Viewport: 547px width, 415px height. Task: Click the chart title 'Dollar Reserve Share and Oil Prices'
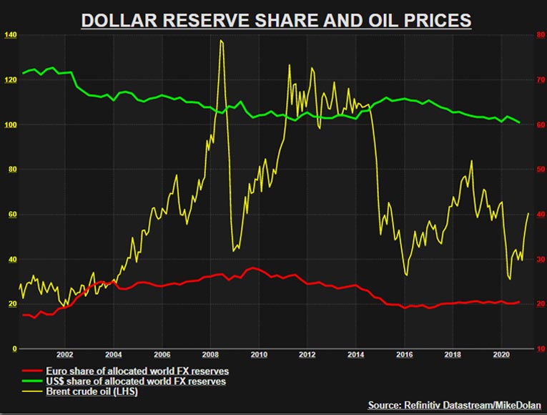tap(276, 19)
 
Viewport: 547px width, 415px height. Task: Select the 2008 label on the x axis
tap(210, 354)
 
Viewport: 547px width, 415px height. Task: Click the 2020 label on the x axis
tap(502, 354)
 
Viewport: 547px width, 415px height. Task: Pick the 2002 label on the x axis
tap(64, 354)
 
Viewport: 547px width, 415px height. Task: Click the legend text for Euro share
tap(135, 371)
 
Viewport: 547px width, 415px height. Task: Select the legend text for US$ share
tap(135, 381)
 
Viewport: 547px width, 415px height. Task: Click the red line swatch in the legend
tap(31, 371)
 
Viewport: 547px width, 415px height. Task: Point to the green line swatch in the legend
tap(31, 381)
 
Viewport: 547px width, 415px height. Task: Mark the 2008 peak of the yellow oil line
tap(221, 41)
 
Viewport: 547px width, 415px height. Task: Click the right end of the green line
tap(519, 122)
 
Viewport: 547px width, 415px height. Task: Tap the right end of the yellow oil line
tap(528, 213)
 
